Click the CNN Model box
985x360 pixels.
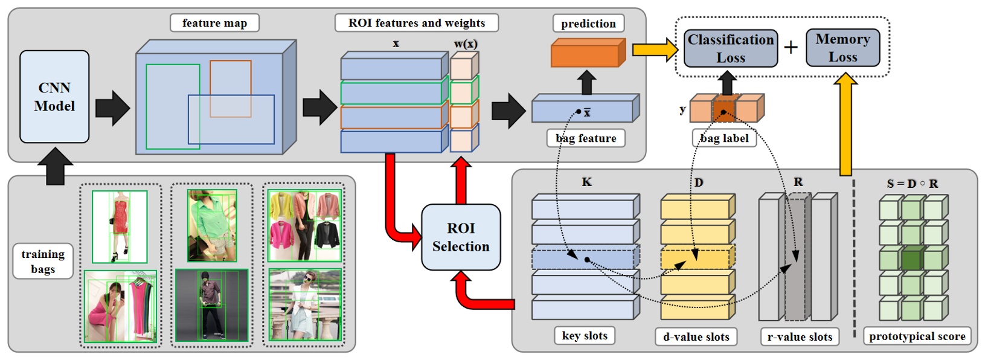click(x=54, y=97)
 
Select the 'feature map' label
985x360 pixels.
click(x=214, y=24)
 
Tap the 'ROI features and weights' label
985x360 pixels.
click(x=416, y=24)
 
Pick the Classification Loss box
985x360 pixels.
click(x=731, y=49)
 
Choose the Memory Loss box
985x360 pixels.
click(x=842, y=48)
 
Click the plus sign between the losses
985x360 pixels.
click(x=791, y=47)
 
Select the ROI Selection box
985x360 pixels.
click(x=461, y=237)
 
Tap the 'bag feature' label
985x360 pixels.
click(x=586, y=138)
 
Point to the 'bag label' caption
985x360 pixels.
click(x=724, y=138)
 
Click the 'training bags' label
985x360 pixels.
click(x=43, y=262)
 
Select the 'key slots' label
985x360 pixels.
click(x=584, y=336)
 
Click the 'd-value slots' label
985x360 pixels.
click(x=696, y=337)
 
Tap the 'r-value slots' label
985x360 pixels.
click(x=800, y=337)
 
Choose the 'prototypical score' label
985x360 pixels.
click(x=917, y=336)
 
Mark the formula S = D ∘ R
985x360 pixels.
click(x=912, y=184)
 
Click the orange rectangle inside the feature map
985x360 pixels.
click(x=230, y=88)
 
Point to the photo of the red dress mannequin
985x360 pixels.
click(x=120, y=227)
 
